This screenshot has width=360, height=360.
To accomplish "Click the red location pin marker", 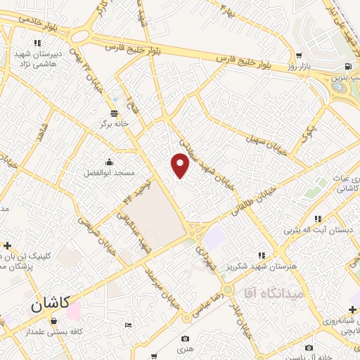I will (x=181, y=165).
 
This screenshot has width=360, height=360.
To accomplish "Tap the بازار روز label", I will (x=299, y=66).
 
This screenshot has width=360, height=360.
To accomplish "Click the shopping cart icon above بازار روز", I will (x=300, y=56).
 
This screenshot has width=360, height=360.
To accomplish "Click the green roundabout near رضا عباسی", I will (x=226, y=290).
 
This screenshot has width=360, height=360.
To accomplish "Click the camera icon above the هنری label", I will (x=185, y=339).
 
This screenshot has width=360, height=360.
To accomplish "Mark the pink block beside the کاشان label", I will (x=75, y=309).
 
